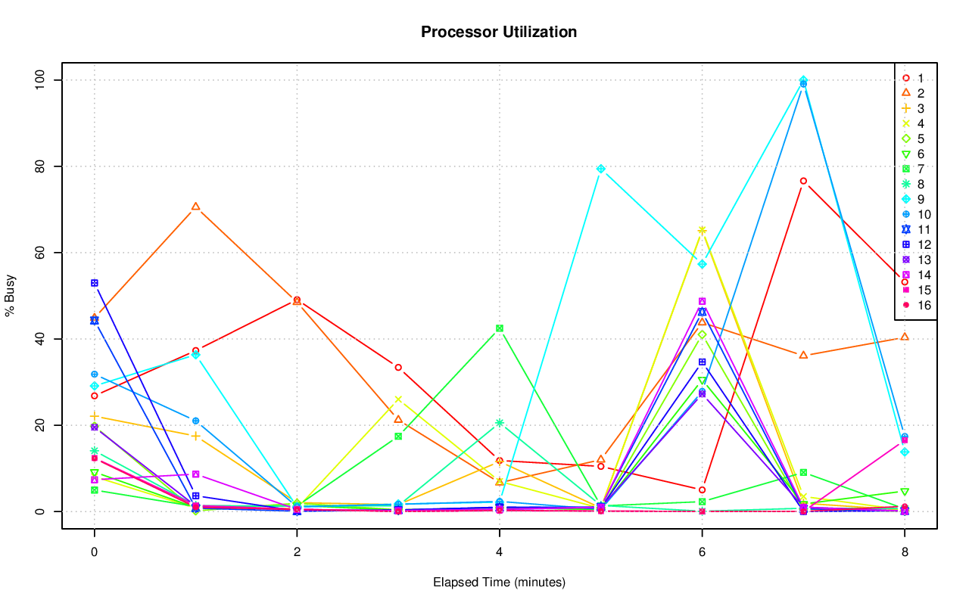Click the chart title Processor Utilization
point(499,32)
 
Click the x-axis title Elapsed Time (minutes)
point(499,583)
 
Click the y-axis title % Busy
point(11,295)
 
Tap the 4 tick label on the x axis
point(499,552)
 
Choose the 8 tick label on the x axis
point(904,552)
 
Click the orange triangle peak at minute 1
point(195,206)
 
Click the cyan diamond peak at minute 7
point(803,80)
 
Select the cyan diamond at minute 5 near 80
point(601,169)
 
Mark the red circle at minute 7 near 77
point(803,181)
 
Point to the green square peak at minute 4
point(500,328)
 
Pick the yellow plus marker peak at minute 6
point(702,230)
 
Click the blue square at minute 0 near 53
point(95,283)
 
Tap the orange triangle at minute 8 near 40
point(904,337)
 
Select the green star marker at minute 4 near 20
point(500,423)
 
